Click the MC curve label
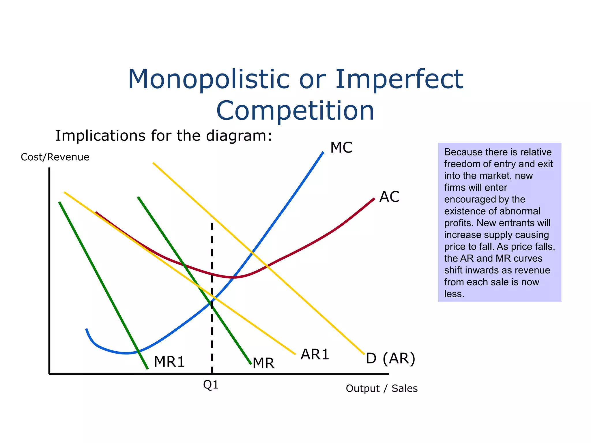pyautogui.click(x=341, y=148)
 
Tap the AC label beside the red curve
pyautogui.click(x=389, y=197)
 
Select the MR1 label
pyautogui.click(x=169, y=362)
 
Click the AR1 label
pyautogui.click(x=315, y=354)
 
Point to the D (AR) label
pyautogui.click(x=390, y=358)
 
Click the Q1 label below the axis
pyautogui.click(x=211, y=385)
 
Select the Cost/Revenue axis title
pyautogui.click(x=55, y=157)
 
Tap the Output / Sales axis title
pyautogui.click(x=381, y=388)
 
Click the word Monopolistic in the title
pyautogui.click(x=208, y=79)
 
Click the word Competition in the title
pyautogui.click(x=295, y=111)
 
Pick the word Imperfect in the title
pyautogui.click(x=399, y=79)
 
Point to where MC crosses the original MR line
pyautogui.click(x=212, y=302)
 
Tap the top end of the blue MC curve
pyautogui.click(x=323, y=152)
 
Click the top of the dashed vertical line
pyautogui.click(x=212, y=217)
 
